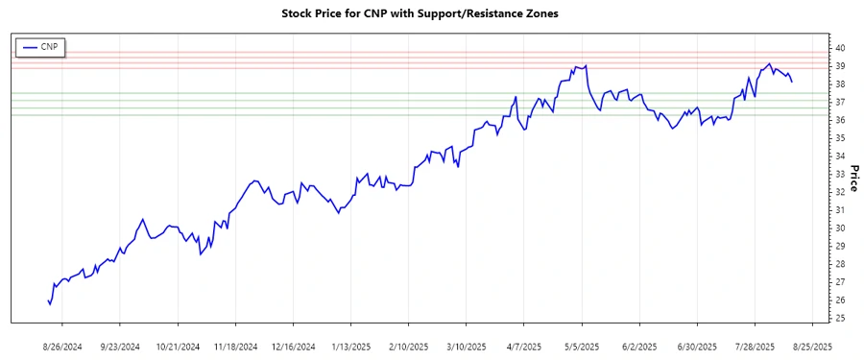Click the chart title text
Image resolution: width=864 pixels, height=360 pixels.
(x=419, y=14)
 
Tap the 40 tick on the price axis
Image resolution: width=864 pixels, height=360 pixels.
(x=839, y=48)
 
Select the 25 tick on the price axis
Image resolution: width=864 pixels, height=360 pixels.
(x=839, y=318)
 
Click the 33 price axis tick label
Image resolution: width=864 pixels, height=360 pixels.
(x=839, y=174)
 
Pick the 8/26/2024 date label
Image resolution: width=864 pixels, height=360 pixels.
(x=62, y=345)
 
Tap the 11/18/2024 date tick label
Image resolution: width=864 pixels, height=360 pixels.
(x=235, y=345)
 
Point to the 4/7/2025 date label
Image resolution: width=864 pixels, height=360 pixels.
(x=523, y=345)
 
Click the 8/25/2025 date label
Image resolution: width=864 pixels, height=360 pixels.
(x=811, y=345)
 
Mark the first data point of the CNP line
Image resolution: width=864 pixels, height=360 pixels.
(x=47, y=300)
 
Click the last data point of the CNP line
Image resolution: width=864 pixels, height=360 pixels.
(x=792, y=82)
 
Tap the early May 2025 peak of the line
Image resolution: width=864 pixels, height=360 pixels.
(x=586, y=65)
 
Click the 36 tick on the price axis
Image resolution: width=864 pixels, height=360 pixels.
(x=839, y=120)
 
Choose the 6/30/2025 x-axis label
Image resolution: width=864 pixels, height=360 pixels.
(x=696, y=345)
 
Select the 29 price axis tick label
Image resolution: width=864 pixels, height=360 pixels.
(x=839, y=246)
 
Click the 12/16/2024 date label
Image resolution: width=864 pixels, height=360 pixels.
(x=293, y=345)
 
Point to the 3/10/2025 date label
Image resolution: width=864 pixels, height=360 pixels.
(x=465, y=345)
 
